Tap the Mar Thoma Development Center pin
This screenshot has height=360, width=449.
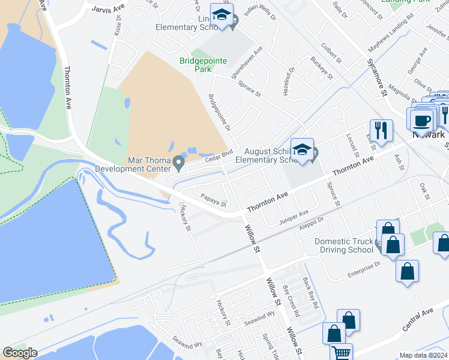coord(178,162)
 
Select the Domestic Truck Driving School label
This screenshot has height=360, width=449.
coord(345,245)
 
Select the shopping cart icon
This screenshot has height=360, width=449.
coord(341,353)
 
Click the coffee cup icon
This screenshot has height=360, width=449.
coord(421,119)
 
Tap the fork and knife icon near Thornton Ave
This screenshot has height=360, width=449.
coord(381,130)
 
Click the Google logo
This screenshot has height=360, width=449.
coord(20,353)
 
